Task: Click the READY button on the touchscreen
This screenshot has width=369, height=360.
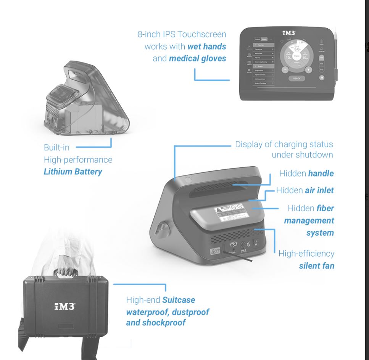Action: [296, 78]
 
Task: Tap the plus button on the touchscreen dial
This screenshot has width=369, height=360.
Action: [308, 70]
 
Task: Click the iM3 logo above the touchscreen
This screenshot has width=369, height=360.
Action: [288, 33]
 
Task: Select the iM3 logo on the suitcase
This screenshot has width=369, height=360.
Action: [64, 306]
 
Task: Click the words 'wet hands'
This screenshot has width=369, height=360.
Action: [206, 47]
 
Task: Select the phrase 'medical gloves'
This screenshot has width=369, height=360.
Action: [197, 58]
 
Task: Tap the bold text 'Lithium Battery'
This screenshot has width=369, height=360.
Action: [73, 172]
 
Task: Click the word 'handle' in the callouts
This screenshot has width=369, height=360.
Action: [321, 174]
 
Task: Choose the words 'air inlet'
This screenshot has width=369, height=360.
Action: [319, 190]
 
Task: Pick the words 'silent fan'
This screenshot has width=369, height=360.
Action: [316, 265]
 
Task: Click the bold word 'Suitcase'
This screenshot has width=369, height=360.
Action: [179, 300]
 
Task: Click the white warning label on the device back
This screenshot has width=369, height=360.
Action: [226, 214]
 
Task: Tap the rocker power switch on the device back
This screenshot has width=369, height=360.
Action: [256, 242]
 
